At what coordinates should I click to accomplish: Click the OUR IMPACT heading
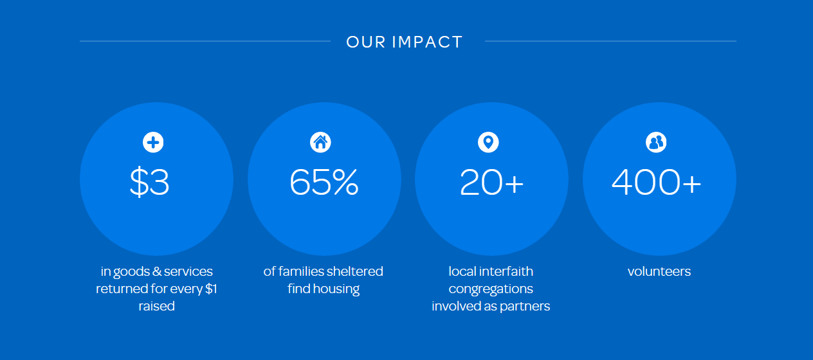point(405,42)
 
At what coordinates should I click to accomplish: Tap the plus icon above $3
point(153,142)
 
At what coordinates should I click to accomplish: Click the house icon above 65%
point(320,142)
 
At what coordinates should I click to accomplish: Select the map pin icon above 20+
point(488,142)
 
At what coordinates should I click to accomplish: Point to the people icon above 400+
point(656,142)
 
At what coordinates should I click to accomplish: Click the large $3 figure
point(149,181)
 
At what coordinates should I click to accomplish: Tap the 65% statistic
point(324,181)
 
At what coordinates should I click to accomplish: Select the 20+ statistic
point(492,181)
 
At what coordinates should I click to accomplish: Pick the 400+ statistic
point(656,181)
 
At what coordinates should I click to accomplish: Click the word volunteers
point(659,271)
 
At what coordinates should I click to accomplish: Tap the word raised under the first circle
point(156,306)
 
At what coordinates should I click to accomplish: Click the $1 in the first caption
point(211,289)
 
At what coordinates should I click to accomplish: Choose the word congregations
point(491,289)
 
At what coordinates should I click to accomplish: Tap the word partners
point(525,307)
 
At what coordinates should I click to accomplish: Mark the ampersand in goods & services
point(157,271)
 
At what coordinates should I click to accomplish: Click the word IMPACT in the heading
point(427,42)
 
